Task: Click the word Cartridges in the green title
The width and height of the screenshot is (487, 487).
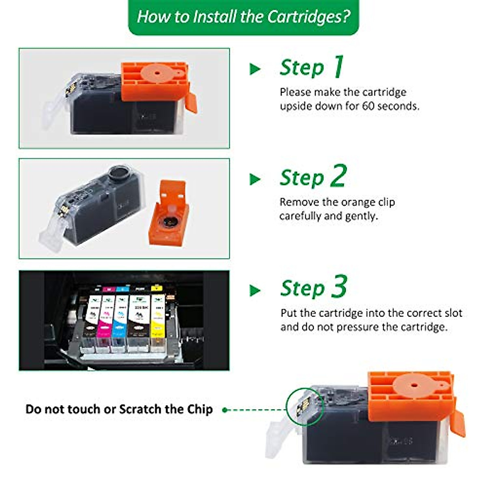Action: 308,17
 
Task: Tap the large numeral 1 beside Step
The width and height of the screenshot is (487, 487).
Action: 338,67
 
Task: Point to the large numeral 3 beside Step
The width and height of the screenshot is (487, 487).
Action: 339,287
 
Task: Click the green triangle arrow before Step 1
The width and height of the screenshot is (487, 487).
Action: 255,69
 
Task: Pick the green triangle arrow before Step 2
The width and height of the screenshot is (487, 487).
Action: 255,179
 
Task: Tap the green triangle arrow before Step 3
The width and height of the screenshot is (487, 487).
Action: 255,290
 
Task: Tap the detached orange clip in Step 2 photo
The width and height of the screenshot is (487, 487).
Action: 169,215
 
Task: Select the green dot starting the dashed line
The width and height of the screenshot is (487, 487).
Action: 224,410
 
